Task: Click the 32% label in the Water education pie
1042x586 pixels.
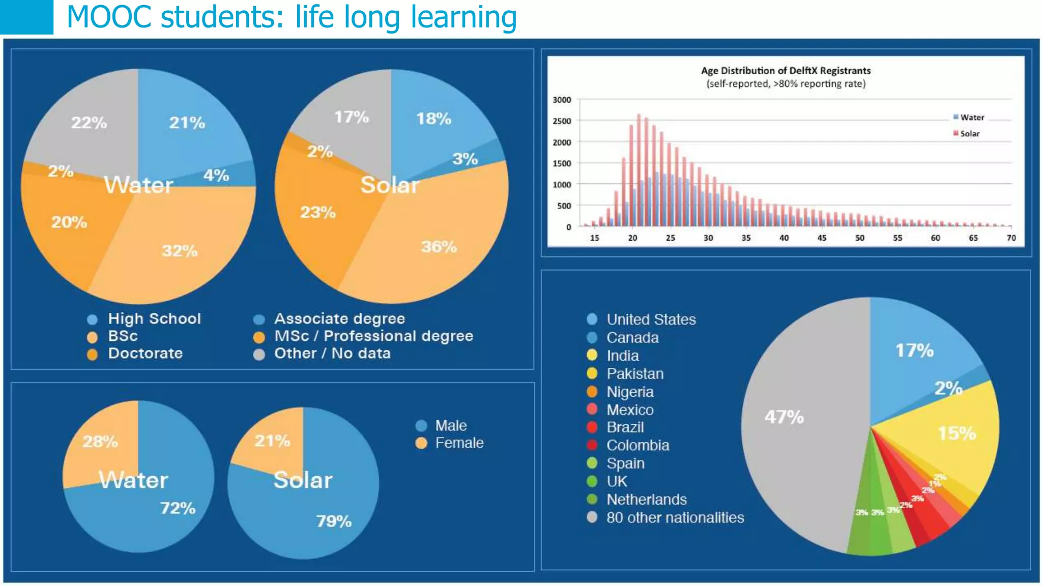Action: pyautogui.click(x=180, y=251)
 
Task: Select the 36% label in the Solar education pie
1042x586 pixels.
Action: pyautogui.click(x=439, y=247)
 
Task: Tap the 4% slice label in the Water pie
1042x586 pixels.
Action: pyautogui.click(x=216, y=175)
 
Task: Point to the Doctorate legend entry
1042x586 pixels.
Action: pyautogui.click(x=145, y=354)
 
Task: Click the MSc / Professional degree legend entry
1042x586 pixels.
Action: pyautogui.click(x=373, y=336)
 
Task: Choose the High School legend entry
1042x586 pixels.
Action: pyautogui.click(x=154, y=319)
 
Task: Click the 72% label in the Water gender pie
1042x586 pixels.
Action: pyautogui.click(x=178, y=508)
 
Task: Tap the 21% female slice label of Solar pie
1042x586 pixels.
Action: pyautogui.click(x=272, y=441)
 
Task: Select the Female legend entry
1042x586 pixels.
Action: pyautogui.click(x=459, y=443)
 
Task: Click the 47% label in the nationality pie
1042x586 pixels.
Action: pyautogui.click(x=784, y=417)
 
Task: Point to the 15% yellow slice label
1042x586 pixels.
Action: pyautogui.click(x=957, y=433)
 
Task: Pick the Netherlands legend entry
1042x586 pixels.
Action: pyautogui.click(x=646, y=500)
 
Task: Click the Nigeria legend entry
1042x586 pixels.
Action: pyautogui.click(x=630, y=392)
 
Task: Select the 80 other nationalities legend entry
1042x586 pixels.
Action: pyautogui.click(x=675, y=518)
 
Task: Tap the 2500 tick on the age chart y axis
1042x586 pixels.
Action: pyautogui.click(x=562, y=121)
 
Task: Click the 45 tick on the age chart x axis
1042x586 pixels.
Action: pyautogui.click(x=822, y=238)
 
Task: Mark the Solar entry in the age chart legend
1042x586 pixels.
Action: pyautogui.click(x=969, y=134)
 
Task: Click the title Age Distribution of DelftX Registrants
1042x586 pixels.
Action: pyautogui.click(x=786, y=71)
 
